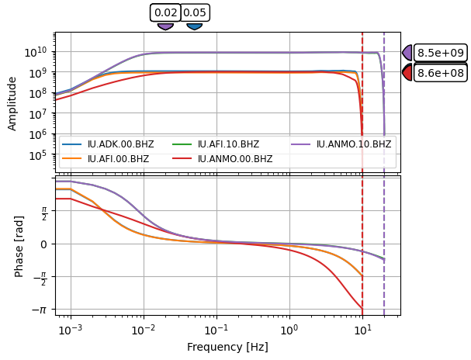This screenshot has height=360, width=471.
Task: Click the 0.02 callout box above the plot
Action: click(165, 12)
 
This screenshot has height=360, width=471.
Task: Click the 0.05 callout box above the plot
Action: click(195, 12)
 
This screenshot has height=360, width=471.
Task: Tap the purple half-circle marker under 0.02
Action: click(165, 26)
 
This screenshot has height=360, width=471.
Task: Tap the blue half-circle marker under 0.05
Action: click(195, 26)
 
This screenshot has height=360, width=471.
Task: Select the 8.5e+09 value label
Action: click(441, 53)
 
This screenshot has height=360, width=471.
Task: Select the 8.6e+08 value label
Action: click(441, 72)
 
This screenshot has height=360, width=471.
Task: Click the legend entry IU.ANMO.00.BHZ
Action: click(234, 158)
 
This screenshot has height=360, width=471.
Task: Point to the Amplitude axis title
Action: click(12, 102)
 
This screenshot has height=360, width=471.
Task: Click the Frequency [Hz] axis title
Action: click(227, 347)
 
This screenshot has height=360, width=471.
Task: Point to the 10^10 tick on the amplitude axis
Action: click(38, 51)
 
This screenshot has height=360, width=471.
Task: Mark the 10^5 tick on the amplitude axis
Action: click(40, 155)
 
